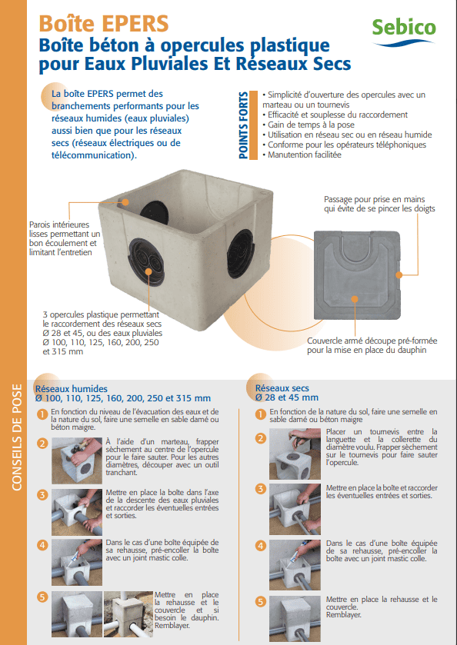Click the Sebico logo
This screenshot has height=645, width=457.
403,32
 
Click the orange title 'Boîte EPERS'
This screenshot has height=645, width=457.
104,24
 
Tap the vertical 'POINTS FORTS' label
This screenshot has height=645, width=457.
243,125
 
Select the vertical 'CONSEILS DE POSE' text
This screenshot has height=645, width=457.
16,437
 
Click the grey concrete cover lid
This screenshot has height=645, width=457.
357,275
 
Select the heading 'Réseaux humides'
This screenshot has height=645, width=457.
72,389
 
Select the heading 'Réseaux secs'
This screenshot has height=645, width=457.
282,388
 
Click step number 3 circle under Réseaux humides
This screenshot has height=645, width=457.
42,494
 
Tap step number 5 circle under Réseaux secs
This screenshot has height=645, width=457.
260,602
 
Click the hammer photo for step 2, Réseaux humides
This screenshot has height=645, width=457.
77,460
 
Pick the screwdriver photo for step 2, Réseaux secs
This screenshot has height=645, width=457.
295,454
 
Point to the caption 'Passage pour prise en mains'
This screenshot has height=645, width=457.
374,199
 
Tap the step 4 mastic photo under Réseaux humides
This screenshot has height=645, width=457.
77,562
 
